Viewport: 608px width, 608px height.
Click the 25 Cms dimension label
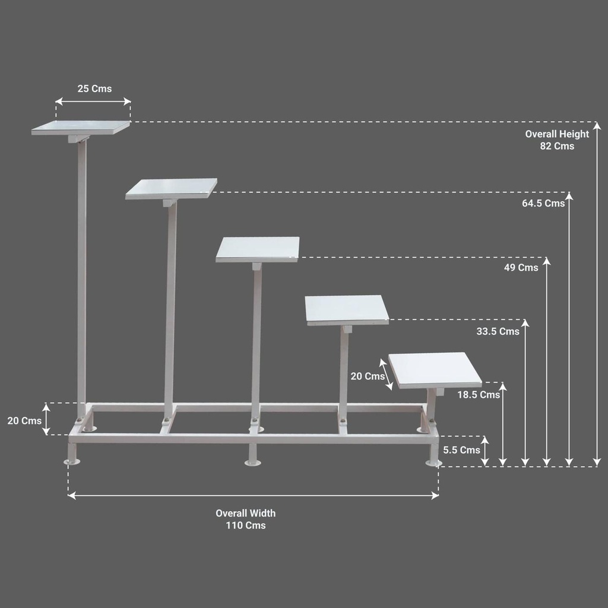[x=94, y=89]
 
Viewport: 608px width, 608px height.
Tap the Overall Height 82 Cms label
[x=557, y=140]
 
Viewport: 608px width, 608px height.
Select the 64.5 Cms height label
[x=543, y=203]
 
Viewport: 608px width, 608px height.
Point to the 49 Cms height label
[x=521, y=268]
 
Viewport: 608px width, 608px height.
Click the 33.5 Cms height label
[x=498, y=331]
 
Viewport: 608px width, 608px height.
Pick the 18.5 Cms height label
[x=479, y=395]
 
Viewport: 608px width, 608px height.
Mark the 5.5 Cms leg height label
[x=461, y=450]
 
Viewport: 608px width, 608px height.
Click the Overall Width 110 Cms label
[x=246, y=519]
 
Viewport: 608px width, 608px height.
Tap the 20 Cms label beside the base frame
[x=24, y=421]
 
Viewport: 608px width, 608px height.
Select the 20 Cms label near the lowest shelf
[x=368, y=376]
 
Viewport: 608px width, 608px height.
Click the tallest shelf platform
[x=81, y=128]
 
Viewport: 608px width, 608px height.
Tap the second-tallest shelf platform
[x=171, y=189]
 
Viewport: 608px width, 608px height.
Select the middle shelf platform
[x=258, y=249]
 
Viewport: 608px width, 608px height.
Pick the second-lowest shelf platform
[x=347, y=310]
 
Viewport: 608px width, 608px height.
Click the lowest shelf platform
[x=435, y=370]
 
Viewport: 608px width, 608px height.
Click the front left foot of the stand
[x=72, y=454]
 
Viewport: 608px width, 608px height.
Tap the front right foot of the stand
[x=434, y=455]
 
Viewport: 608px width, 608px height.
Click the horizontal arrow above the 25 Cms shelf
[x=93, y=102]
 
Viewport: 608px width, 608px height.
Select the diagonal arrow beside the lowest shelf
[x=386, y=374]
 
